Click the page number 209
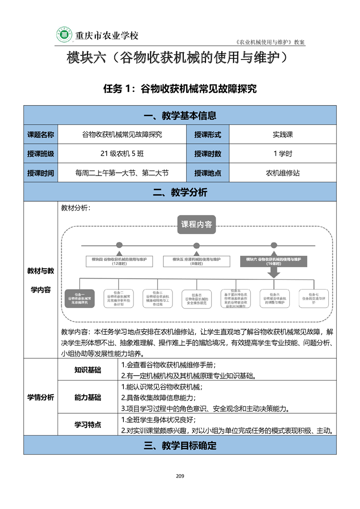pos(180,476)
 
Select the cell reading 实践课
pos(283,134)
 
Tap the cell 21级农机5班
pos(122,153)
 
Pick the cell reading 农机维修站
pos(283,173)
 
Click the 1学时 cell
pos(283,153)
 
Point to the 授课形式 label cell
pos(207,134)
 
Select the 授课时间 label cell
pos(40,173)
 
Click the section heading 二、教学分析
pos(180,192)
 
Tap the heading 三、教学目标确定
pos(180,445)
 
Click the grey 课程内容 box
pos(196,224)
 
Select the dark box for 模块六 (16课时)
pos(273,261)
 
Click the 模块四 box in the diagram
pos(119,261)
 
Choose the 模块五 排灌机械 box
pos(197,261)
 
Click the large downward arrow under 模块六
pos(273,271)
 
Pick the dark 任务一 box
pos(80,299)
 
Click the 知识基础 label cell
pos(88,370)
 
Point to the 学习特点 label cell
pos(88,425)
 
